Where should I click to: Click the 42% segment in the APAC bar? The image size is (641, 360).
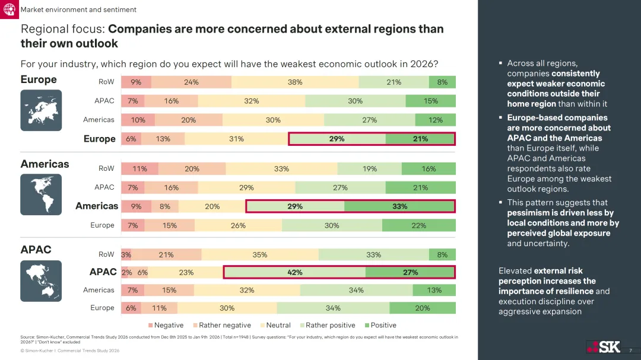pos(295,272)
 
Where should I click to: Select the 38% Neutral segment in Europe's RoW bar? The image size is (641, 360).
pos(295,82)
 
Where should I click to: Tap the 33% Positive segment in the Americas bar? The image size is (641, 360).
pos(399,206)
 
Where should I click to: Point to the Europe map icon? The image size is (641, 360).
pos(41,110)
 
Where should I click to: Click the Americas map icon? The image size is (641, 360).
pos(41,195)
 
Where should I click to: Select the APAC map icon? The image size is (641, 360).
pos(41,281)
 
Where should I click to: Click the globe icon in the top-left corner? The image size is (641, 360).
pos(9,9)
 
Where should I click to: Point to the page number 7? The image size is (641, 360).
pos(630,351)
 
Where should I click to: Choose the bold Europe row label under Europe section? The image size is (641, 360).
pos(100,139)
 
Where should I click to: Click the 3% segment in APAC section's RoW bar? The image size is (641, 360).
pos(126,254)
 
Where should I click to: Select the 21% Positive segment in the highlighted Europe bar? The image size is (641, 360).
pos(420,139)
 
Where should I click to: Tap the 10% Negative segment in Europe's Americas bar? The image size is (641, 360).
pos(138,120)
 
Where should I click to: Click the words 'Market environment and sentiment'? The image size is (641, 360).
pos(78,9)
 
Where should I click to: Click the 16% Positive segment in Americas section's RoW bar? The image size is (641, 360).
pos(429,169)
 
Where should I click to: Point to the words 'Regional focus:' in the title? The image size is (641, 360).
pos(63,29)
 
